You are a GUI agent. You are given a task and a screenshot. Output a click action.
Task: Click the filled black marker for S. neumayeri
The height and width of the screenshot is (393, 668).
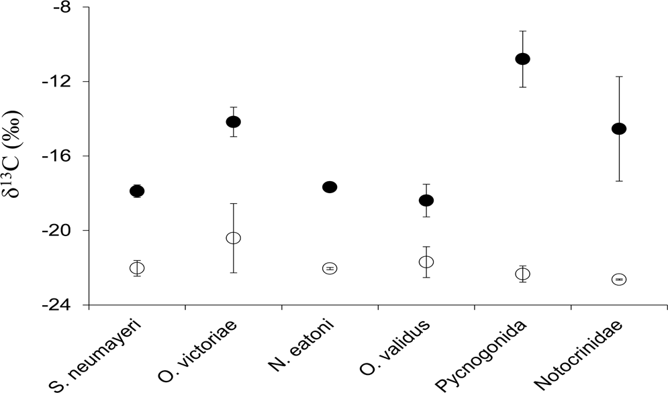tap(137, 191)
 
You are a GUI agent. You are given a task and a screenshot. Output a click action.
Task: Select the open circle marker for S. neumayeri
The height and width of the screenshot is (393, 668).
tap(137, 268)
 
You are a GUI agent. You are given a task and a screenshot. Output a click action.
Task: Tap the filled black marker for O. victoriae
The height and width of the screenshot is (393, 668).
tap(233, 121)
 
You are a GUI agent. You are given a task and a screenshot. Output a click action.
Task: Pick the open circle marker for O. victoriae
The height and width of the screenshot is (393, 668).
tap(233, 238)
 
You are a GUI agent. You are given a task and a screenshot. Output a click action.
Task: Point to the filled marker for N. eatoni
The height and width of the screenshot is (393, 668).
tap(330, 187)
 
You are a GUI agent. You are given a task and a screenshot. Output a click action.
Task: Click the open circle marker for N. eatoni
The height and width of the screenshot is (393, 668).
tap(330, 268)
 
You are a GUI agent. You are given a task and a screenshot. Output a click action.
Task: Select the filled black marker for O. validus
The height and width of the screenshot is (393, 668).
tap(426, 201)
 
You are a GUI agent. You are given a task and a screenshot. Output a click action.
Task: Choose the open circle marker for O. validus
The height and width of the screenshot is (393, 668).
tap(426, 262)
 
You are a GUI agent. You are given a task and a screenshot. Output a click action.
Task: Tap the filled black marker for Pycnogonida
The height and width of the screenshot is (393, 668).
tap(522, 59)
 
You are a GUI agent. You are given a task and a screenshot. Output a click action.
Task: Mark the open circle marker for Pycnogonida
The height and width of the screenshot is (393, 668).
tap(522, 274)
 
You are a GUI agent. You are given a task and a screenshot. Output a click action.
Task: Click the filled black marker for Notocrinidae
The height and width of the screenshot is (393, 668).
tap(619, 129)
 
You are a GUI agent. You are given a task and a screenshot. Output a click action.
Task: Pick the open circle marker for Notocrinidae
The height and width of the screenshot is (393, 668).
tap(619, 279)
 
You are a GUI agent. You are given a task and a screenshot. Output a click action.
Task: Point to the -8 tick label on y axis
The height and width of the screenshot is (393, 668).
tap(70, 8)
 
